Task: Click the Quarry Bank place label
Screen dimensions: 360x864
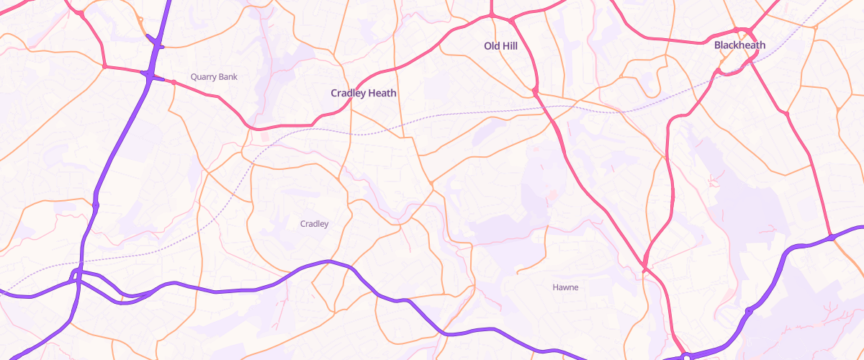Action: [214, 76]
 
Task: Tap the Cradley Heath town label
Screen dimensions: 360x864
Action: [364, 93]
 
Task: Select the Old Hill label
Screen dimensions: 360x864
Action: [500, 46]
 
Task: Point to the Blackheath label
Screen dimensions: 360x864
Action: [739, 45]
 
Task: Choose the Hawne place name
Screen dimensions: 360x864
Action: [565, 287]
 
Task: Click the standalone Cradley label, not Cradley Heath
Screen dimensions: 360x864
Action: [314, 224]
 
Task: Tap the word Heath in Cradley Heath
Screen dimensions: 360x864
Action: [382, 93]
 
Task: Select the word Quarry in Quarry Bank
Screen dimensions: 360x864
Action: [203, 76]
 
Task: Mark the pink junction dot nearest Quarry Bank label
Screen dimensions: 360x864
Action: [174, 81]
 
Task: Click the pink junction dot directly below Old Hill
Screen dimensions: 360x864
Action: [536, 91]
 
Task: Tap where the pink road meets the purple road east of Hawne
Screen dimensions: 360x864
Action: [831, 237]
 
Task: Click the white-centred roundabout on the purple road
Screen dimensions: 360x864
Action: [688, 356]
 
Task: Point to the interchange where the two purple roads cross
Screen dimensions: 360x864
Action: [76, 275]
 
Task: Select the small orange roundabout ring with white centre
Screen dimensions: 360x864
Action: [431, 185]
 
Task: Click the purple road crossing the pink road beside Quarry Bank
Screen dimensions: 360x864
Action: [148, 73]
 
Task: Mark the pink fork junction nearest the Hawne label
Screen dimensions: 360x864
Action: [645, 267]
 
